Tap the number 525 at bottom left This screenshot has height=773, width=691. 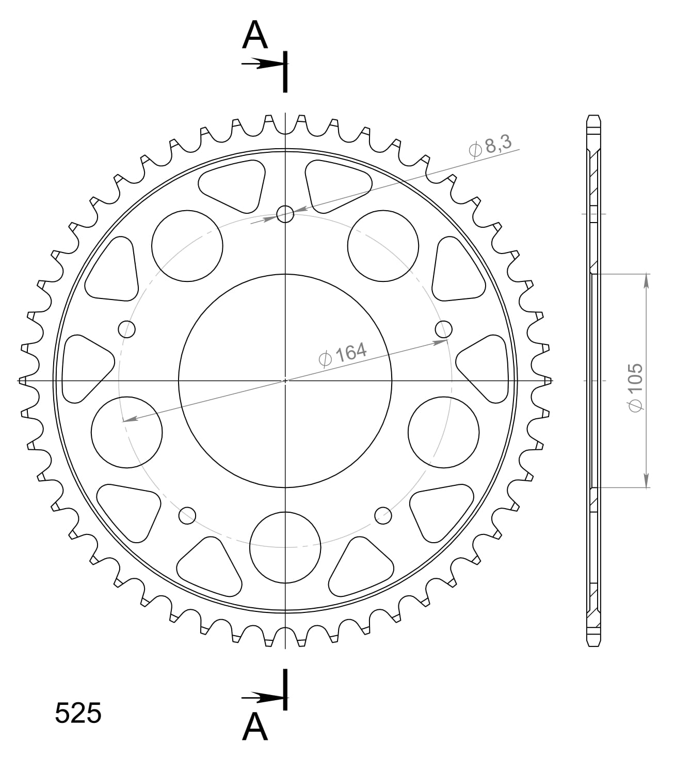pos(78,714)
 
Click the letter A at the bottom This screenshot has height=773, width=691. pos(255,727)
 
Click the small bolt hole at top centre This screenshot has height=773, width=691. pos(285,213)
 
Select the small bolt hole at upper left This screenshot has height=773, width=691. pos(126,328)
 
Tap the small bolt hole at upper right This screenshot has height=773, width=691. pos(444,328)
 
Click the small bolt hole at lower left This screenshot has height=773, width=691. pos(187,515)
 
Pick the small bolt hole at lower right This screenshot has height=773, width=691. pos(383,514)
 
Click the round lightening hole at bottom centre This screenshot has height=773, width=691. pos(285,547)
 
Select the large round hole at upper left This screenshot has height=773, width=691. pos(187,246)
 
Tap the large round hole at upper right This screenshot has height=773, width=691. pos(383,246)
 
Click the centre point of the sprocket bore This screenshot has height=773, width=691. pos(285,381)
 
